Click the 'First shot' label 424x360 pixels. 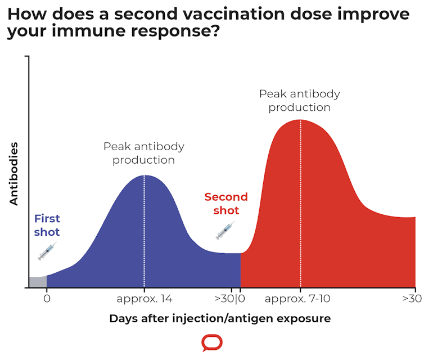click(47, 225)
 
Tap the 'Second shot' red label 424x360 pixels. click(225, 204)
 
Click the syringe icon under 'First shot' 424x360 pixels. click(47, 251)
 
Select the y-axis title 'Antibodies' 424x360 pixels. click(15, 173)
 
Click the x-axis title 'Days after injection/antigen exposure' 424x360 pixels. click(220, 318)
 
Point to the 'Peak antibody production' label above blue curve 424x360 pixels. click(144, 153)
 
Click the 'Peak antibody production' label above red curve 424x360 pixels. click(300, 100)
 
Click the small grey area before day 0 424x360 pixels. click(37, 282)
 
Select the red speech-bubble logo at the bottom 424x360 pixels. click(212, 343)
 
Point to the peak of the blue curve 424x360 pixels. click(145, 176)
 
